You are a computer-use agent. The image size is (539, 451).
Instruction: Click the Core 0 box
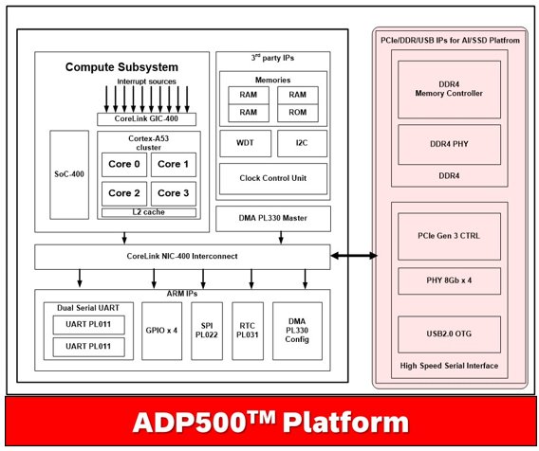coord(124,165)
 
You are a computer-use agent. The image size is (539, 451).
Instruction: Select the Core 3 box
coord(174,193)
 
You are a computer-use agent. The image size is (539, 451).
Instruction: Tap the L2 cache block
coord(149,212)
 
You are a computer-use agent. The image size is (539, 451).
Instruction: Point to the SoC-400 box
coord(69,174)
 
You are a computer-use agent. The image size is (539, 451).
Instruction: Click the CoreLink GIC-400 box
coord(146,119)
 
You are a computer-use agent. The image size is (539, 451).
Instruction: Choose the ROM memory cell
coord(298,113)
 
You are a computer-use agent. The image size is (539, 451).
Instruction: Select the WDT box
coord(246,143)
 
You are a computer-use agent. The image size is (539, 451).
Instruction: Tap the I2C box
coord(302,143)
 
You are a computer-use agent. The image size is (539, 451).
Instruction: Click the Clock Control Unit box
coord(273,178)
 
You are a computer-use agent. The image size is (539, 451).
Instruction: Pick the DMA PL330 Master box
coord(273,218)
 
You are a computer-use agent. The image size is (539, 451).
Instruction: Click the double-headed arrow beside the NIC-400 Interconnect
coord(354,256)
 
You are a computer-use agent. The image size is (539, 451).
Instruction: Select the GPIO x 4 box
coord(161,331)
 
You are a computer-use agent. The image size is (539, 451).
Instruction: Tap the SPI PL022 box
coord(207,331)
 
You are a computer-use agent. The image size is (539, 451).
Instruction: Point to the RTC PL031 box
coord(248,331)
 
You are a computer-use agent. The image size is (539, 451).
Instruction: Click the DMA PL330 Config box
coord(297,331)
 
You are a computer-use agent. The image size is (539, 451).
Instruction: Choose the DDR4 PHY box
coord(449,145)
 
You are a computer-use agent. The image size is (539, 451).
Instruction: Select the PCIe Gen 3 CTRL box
coord(449,236)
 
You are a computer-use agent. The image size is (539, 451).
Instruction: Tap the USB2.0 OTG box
coord(449,334)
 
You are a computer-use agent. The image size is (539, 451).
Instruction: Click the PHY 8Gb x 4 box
coord(449,280)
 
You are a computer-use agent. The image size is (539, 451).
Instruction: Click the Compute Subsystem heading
coord(121,67)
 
